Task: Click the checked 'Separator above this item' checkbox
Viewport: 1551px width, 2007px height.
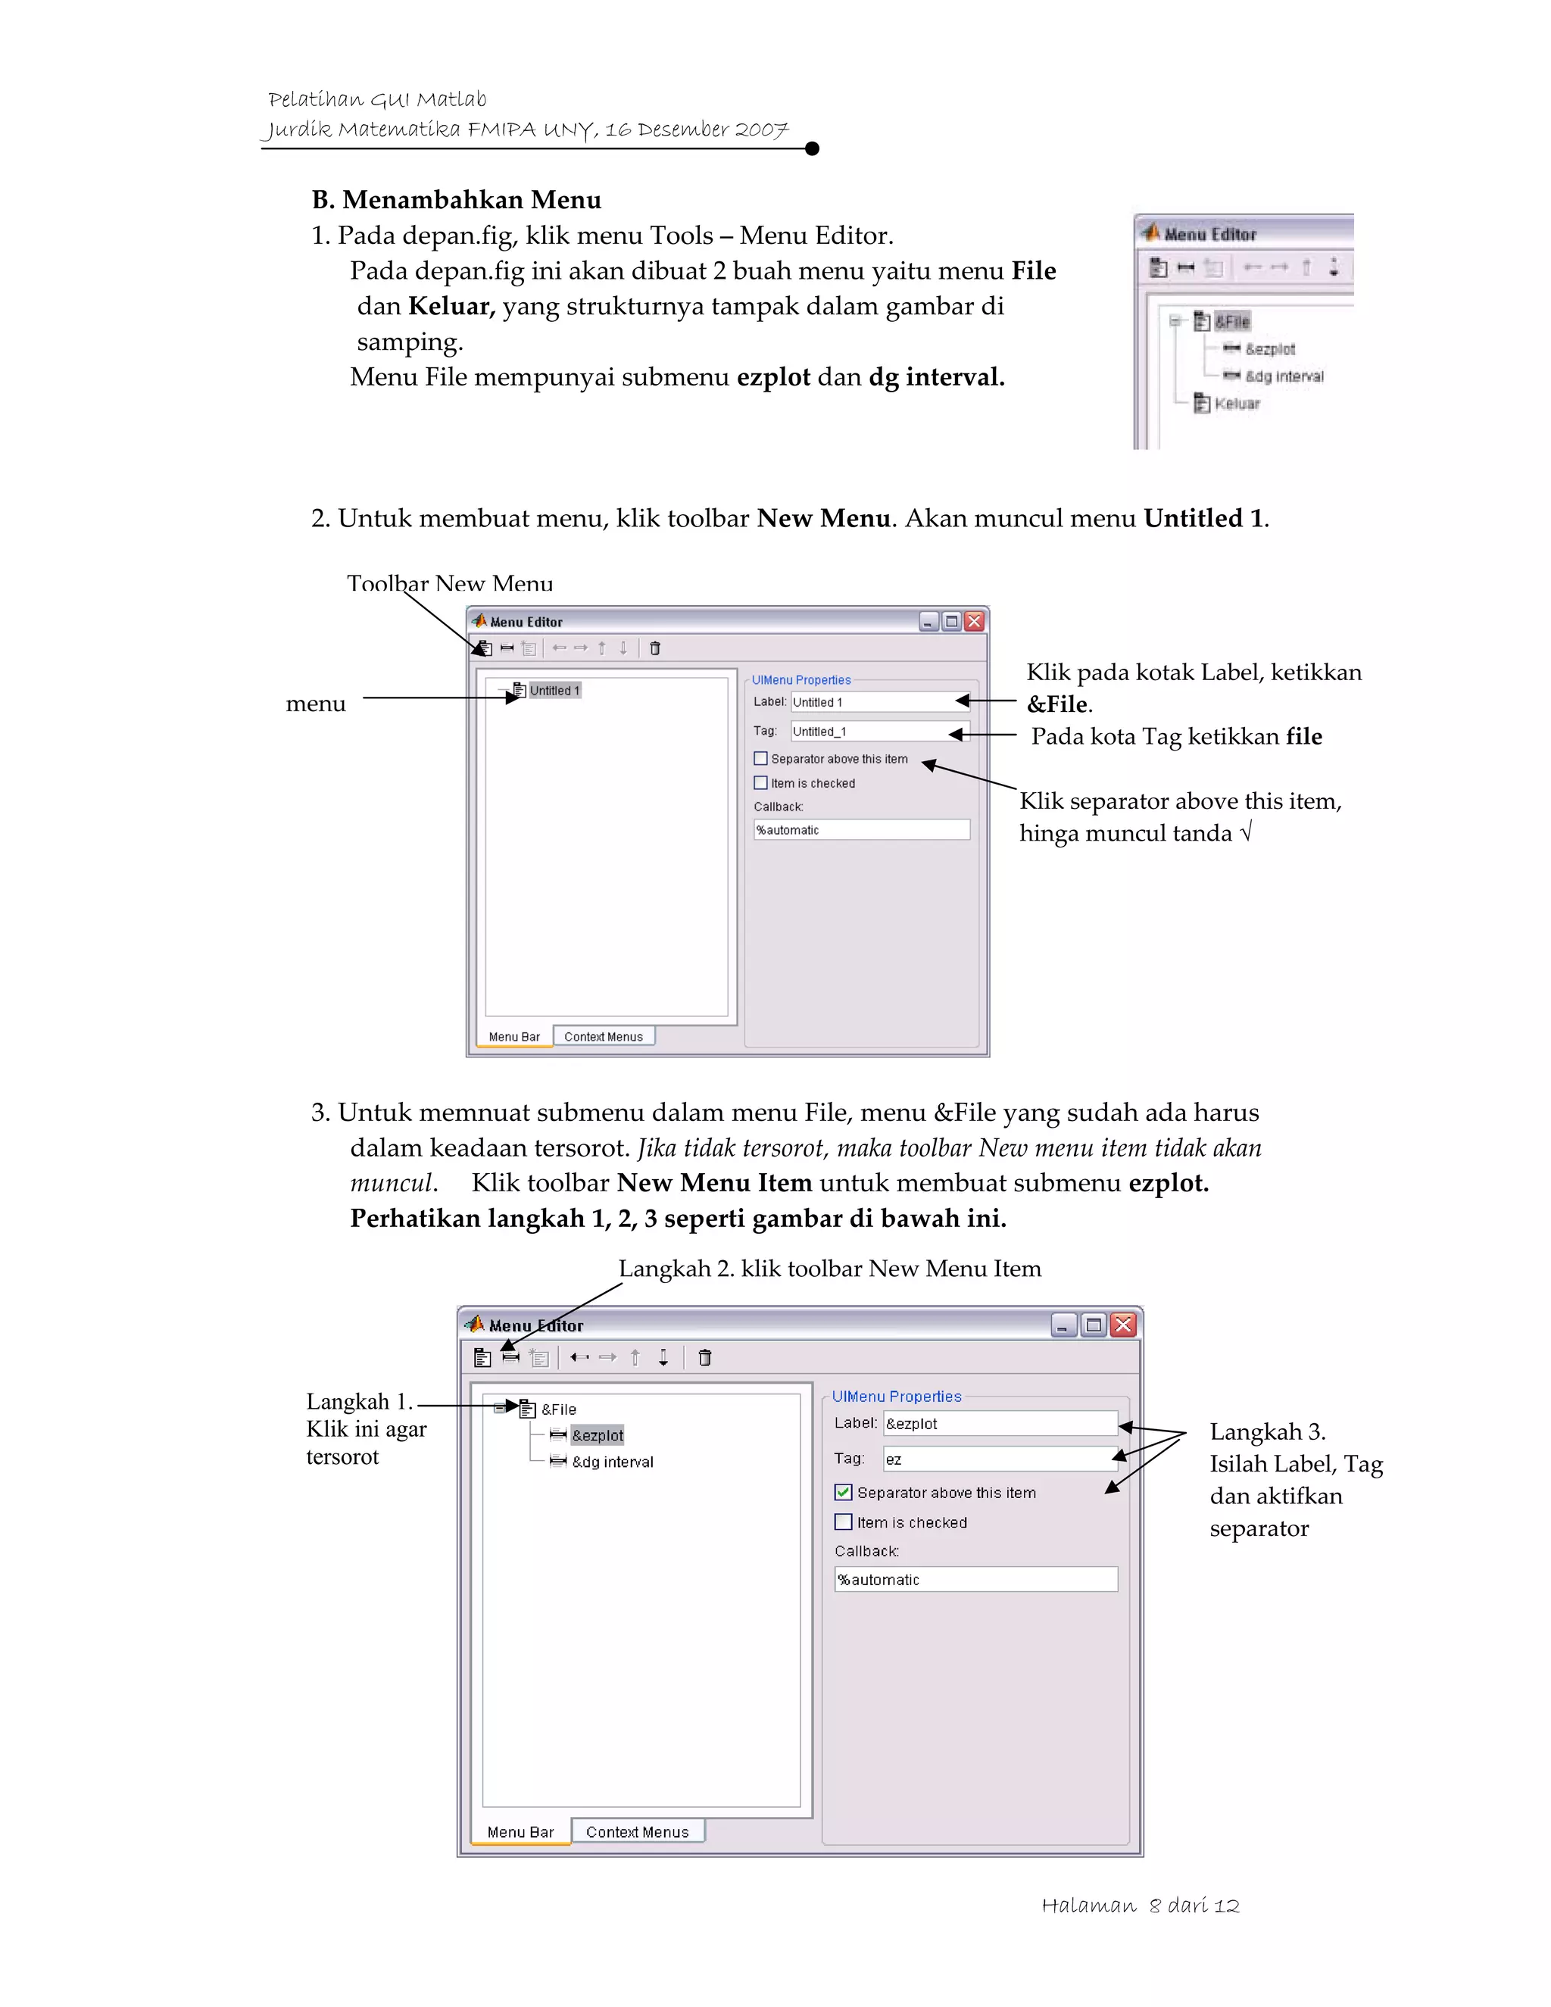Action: point(844,1493)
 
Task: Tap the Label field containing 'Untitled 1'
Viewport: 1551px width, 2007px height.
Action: point(878,702)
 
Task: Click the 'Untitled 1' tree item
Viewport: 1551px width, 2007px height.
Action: point(554,690)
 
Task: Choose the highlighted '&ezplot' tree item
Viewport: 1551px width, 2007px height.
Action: point(598,1435)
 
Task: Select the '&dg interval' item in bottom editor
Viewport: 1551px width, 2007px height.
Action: point(612,1462)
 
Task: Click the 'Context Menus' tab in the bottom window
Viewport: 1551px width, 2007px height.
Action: point(637,1831)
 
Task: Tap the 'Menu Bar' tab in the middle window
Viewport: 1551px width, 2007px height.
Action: point(513,1037)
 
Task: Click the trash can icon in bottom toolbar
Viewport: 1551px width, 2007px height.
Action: point(705,1357)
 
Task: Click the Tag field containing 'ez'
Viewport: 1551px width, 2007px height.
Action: point(999,1459)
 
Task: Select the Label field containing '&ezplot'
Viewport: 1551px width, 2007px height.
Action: point(999,1424)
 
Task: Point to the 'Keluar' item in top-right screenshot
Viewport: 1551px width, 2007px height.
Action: point(1236,404)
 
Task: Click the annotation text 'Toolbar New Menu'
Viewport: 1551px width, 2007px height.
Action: point(449,582)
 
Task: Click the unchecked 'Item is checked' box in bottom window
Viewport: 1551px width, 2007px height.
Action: point(844,1522)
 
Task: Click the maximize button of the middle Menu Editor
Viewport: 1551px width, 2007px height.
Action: point(952,621)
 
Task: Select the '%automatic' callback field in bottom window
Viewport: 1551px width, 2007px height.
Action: point(975,1580)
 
